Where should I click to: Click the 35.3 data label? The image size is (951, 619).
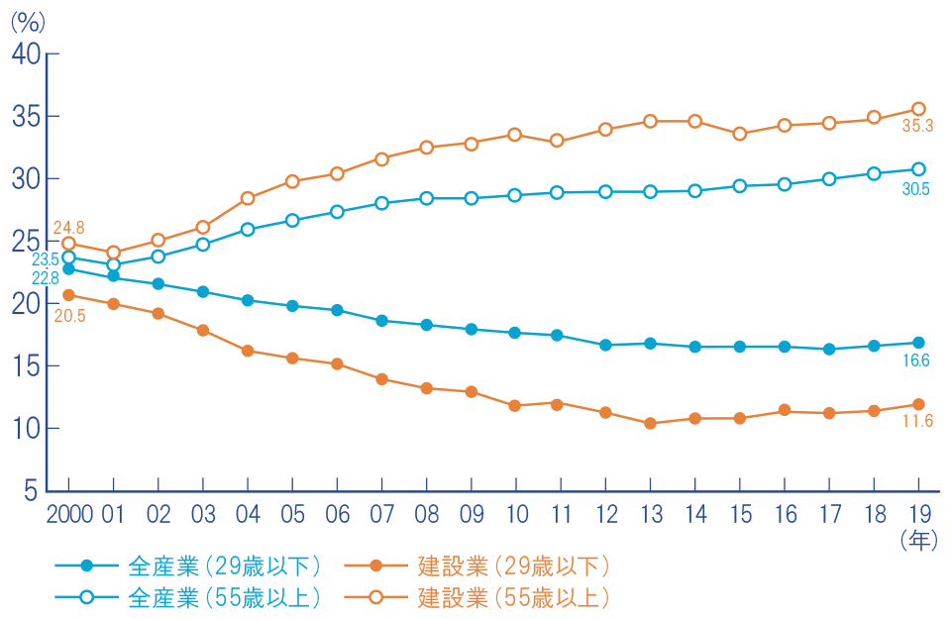tap(915, 127)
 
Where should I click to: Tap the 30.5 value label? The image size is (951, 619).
tap(915, 189)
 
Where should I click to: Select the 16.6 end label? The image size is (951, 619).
tap(916, 361)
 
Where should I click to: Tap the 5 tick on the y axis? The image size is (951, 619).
tap(32, 491)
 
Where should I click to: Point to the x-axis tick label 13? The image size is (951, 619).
tap(650, 516)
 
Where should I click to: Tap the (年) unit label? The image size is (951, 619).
tap(918, 541)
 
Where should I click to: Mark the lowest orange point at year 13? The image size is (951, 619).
tap(650, 423)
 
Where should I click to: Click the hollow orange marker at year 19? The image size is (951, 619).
tap(918, 109)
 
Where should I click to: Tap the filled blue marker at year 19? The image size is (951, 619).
tap(918, 343)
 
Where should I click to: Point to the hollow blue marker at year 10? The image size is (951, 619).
tap(515, 195)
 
